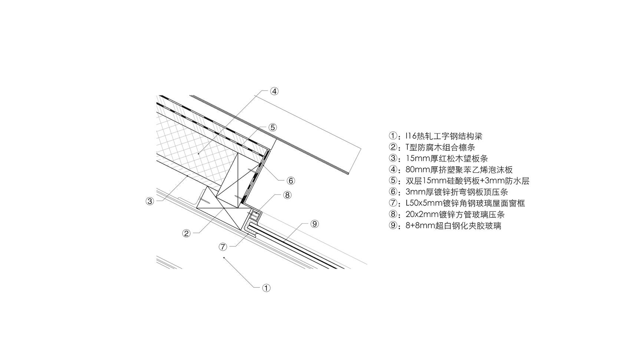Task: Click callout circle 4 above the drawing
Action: click(274, 91)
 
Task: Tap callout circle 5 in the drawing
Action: click(273, 127)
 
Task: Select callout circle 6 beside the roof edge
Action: click(291, 181)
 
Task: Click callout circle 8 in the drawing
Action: click(287, 195)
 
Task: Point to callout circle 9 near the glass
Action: click(314, 224)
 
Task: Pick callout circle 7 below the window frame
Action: click(223, 247)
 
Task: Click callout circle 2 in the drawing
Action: click(186, 233)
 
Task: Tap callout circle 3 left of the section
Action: click(150, 201)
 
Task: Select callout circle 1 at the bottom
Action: click(266, 288)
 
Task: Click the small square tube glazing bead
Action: click(255, 215)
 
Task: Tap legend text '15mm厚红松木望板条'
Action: click(446, 158)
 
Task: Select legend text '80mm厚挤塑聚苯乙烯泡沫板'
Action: click(459, 169)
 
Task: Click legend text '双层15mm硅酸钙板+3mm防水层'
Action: click(467, 181)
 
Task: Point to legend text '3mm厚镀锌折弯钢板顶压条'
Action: click(457, 192)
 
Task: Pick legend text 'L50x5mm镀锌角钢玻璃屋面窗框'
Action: click(465, 203)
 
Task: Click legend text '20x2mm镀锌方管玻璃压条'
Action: click(455, 214)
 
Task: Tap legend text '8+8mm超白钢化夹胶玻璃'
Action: click(453, 225)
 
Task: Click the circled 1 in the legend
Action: click(393, 136)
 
